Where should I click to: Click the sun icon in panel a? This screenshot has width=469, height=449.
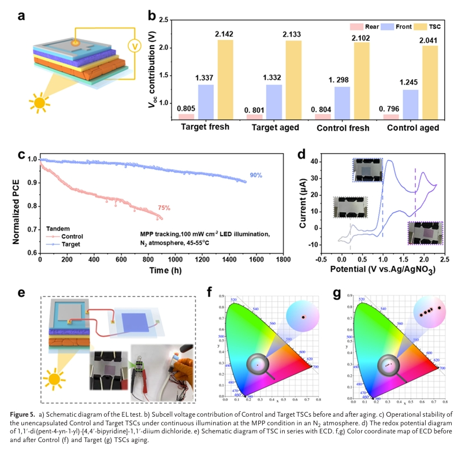pyautogui.click(x=40, y=103)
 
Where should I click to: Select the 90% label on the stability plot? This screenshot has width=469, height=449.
pyautogui.click(x=256, y=175)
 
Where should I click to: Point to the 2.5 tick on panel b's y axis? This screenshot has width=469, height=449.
pyautogui.click(x=165, y=20)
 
